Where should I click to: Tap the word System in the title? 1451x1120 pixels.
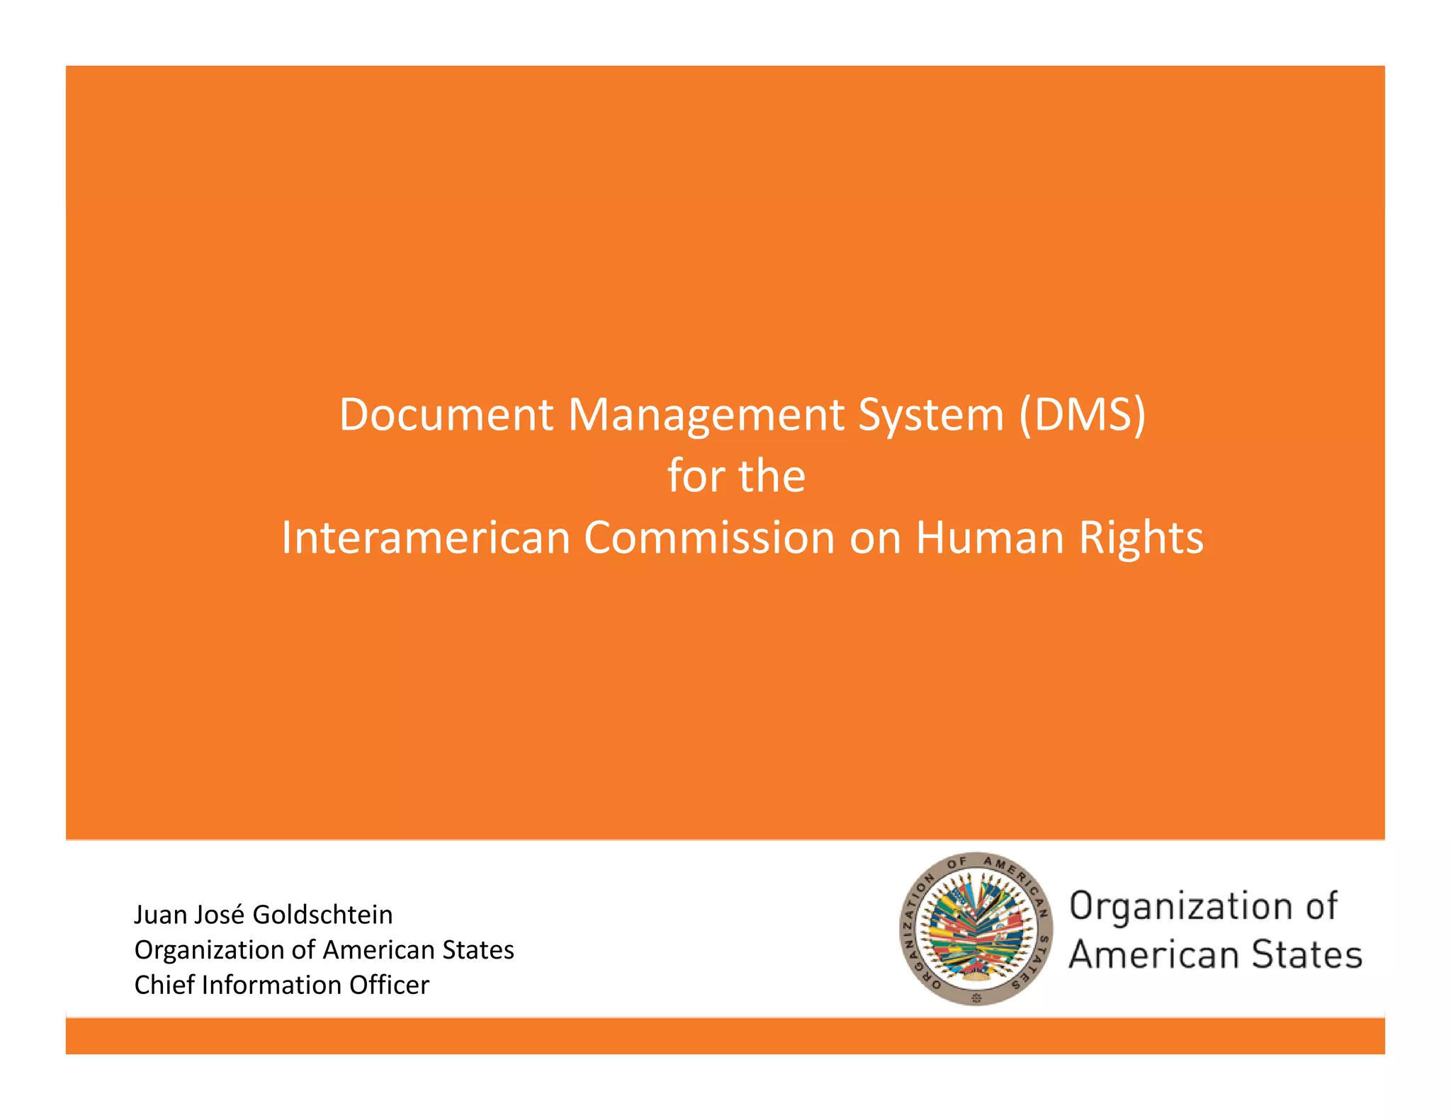[x=931, y=416]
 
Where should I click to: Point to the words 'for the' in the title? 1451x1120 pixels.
[x=736, y=476]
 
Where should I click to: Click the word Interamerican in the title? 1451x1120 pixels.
[x=426, y=537]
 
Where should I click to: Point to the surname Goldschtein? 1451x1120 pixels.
[x=322, y=915]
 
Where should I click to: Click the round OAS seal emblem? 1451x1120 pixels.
[x=976, y=928]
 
